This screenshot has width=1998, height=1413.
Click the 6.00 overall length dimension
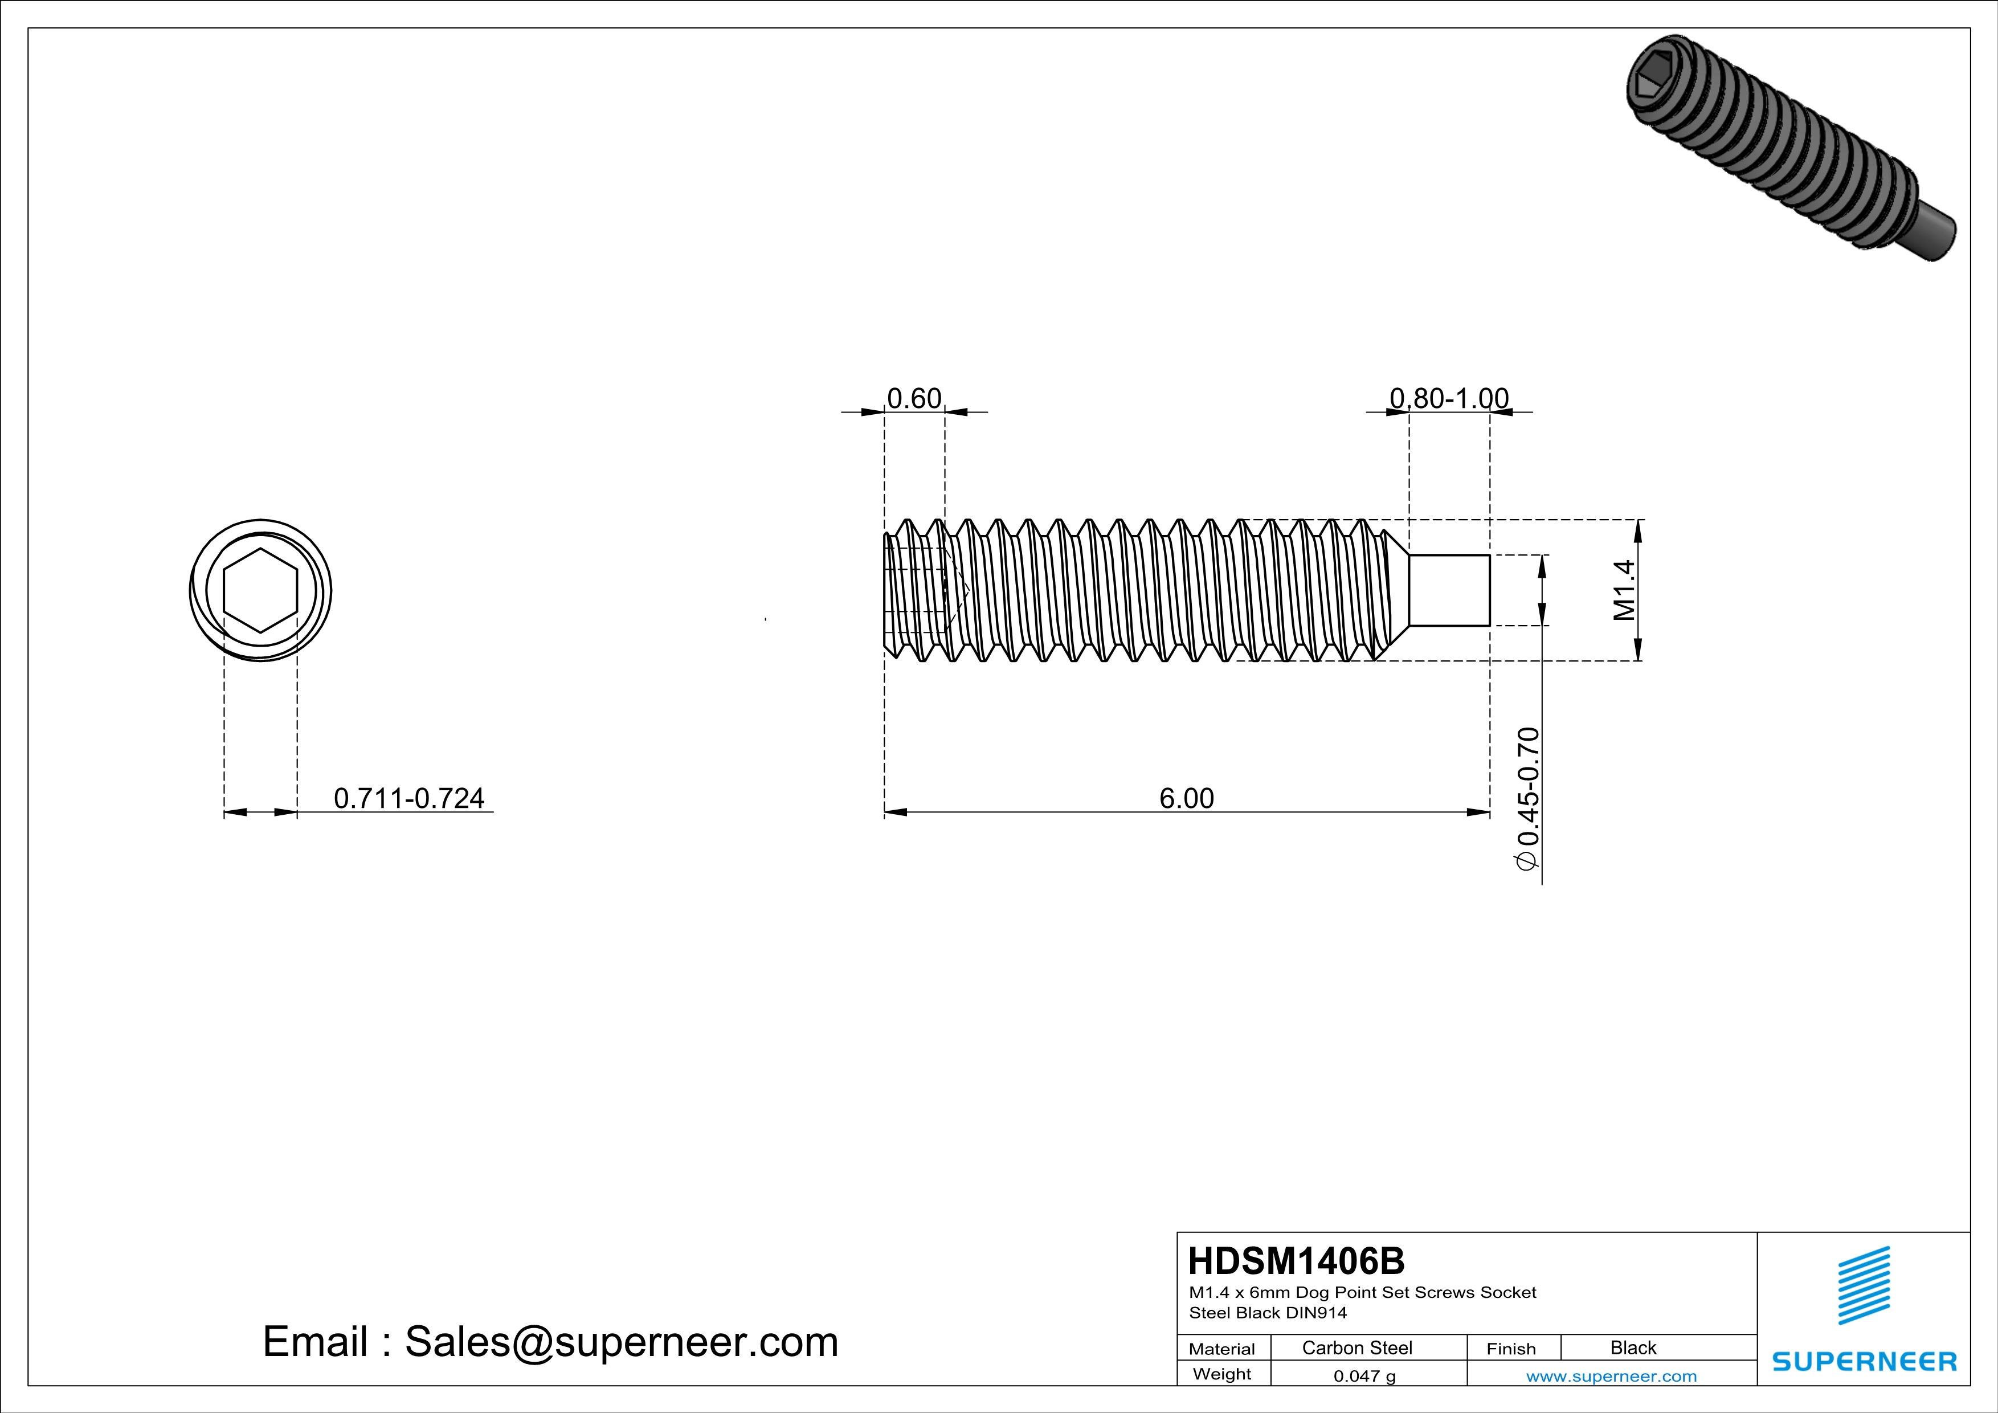click(1186, 798)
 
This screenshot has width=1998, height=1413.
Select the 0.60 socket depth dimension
click(914, 398)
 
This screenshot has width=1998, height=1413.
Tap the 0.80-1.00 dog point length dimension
click(1449, 398)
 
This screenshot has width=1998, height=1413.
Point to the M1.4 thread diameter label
click(1624, 590)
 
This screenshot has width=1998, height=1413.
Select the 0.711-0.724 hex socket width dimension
click(409, 798)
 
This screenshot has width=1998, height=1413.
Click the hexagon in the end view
click(260, 590)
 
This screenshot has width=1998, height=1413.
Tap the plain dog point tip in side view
click(1449, 590)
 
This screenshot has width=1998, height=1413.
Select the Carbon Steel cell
click(1356, 1347)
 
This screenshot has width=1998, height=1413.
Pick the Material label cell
click(1222, 1349)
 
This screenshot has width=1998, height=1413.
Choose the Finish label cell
click(1511, 1349)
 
